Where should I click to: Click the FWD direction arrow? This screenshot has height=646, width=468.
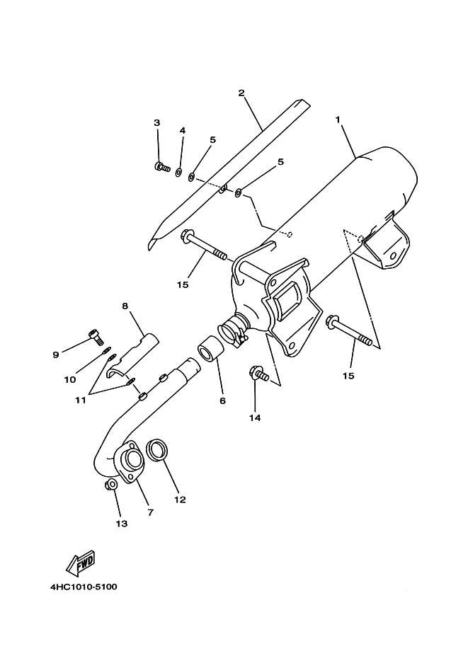[81, 563]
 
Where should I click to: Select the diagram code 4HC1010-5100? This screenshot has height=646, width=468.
[84, 587]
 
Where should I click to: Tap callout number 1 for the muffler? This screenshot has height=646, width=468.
[338, 120]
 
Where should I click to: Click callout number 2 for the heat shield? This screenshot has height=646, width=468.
[241, 93]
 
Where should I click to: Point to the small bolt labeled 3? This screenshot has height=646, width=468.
[162, 167]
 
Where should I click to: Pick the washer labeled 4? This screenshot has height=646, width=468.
[178, 172]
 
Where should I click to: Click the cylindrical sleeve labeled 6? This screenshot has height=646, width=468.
[212, 349]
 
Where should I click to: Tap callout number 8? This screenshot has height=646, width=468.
[125, 306]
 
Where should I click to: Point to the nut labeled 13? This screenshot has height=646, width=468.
[110, 485]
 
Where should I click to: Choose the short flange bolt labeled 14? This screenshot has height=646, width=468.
[259, 374]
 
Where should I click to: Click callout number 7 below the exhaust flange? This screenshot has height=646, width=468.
[151, 512]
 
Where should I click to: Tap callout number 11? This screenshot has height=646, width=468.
[81, 400]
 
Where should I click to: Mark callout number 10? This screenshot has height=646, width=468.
[70, 379]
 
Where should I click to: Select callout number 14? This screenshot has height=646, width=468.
[255, 417]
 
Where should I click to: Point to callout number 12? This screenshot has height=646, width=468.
[180, 500]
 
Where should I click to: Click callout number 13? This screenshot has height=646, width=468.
[121, 524]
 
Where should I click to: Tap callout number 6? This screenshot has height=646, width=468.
[222, 400]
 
